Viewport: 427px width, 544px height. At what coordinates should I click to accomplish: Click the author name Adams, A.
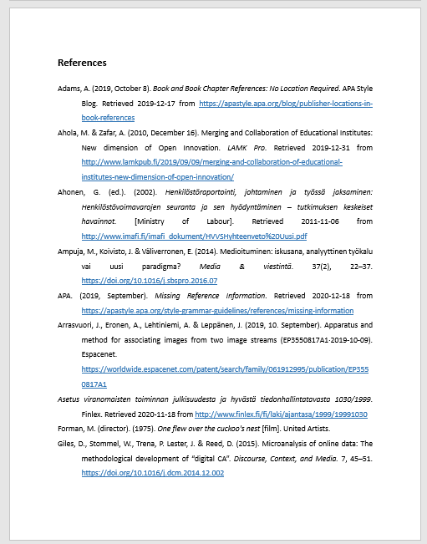pyautogui.click(x=73, y=87)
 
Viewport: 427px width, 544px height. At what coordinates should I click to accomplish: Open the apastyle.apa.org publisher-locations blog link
pyautogui.click(x=285, y=103)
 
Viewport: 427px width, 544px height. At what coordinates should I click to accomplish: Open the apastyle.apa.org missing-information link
pyautogui.click(x=217, y=310)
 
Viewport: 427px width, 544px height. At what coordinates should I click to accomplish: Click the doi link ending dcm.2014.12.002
pyautogui.click(x=152, y=473)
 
